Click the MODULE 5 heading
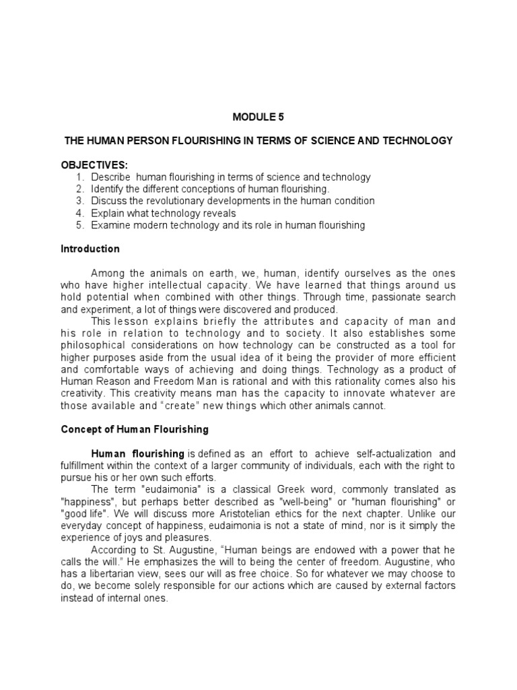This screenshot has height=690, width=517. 258,117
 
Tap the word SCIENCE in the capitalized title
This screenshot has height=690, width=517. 335,141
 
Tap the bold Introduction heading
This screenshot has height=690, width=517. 90,249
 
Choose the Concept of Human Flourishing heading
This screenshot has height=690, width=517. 135,429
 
